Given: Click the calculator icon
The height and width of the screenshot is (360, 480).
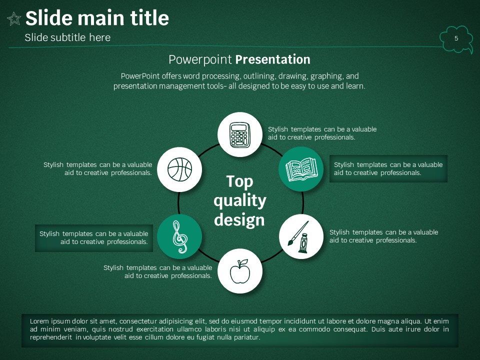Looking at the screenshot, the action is [x=240, y=135].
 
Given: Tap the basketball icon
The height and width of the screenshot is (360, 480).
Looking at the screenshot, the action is [x=179, y=169].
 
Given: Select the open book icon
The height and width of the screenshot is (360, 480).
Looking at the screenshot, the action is [x=301, y=169].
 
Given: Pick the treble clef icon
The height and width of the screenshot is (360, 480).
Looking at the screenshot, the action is [x=179, y=237].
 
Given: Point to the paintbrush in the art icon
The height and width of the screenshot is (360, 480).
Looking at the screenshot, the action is [x=298, y=233].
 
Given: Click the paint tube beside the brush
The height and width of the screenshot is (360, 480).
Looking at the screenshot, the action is [x=303, y=243].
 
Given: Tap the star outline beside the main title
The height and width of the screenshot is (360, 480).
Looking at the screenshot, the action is [x=14, y=18].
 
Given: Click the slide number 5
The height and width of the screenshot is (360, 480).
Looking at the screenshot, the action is [x=456, y=38].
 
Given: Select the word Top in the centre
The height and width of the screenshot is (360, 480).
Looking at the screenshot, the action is [x=239, y=181].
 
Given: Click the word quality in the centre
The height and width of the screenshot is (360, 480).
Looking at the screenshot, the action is [x=240, y=201].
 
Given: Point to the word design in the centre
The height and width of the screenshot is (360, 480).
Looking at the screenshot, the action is [x=239, y=220].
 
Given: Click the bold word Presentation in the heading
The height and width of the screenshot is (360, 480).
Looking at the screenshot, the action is [x=273, y=59].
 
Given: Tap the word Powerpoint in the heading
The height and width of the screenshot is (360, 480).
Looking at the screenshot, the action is [x=200, y=59].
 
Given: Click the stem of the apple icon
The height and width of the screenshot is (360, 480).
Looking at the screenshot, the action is [x=241, y=263].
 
